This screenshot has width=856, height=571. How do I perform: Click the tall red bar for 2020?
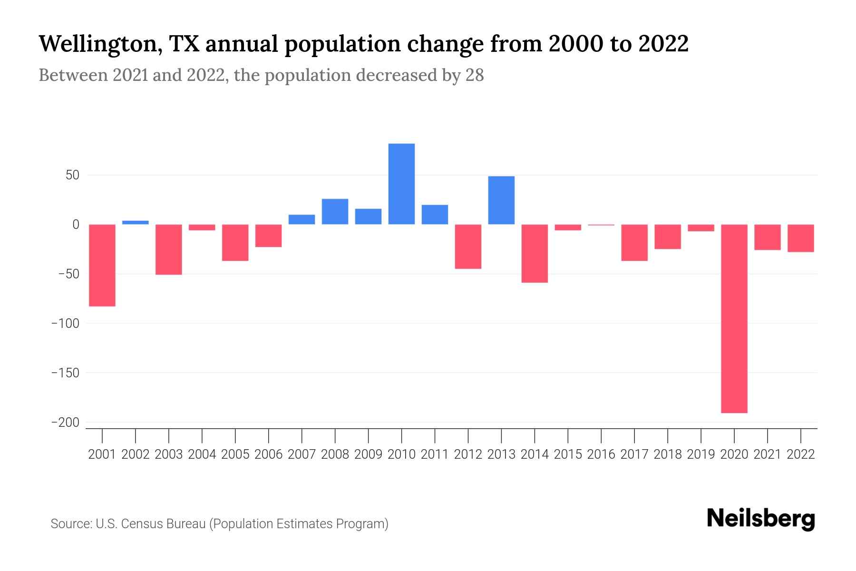tap(734, 318)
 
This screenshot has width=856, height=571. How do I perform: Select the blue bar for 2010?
tap(401, 184)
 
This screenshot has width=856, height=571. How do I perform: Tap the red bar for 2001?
tap(102, 265)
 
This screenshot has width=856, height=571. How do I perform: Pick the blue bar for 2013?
tap(501, 200)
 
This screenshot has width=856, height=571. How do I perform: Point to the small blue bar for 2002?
tap(136, 222)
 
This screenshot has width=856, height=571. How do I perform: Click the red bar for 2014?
tap(535, 253)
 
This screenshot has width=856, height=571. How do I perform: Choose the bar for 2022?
tap(800, 238)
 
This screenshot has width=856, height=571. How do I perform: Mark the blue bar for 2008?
tap(335, 211)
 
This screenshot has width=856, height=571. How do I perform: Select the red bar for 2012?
tap(468, 246)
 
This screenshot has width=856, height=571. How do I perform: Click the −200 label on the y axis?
tap(65, 423)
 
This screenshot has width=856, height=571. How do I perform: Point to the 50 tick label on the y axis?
tap(72, 176)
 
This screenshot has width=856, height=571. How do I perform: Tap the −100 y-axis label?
tap(65, 324)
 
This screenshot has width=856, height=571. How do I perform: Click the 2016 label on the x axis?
tap(601, 454)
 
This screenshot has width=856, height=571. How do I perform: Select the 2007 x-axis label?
tap(302, 454)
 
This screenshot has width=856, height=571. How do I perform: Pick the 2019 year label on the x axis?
tap(700, 454)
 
